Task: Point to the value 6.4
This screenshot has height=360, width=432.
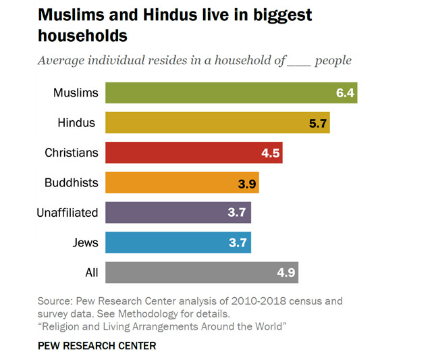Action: [x=345, y=93]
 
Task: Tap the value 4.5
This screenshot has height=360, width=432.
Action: [x=271, y=153]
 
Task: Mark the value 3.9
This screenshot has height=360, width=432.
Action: [x=247, y=182]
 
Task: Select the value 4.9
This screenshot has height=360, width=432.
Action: [x=286, y=272]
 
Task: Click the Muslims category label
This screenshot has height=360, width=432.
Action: [x=76, y=93]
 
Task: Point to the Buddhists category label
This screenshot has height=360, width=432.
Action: [x=71, y=182]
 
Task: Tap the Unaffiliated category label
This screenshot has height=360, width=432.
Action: [x=67, y=213]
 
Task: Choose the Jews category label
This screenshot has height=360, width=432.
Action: [x=84, y=242]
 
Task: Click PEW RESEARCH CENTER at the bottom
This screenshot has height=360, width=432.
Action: [x=97, y=346]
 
